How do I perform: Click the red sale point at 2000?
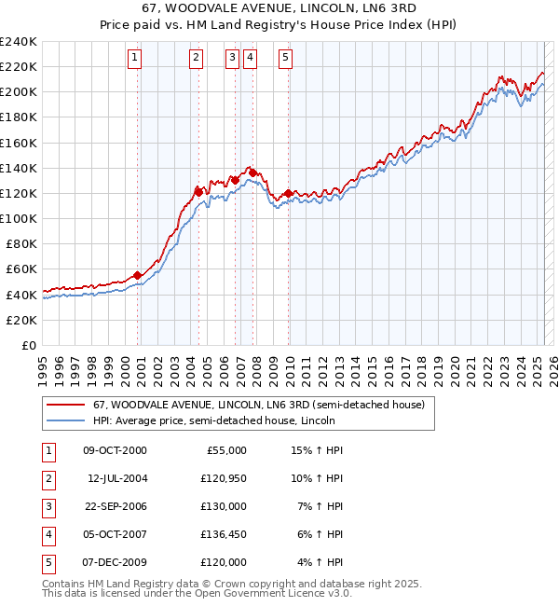coord(138,275)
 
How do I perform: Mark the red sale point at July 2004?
coord(198,191)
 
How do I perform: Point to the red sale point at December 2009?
coord(288,193)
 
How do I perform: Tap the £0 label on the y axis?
coord(29,345)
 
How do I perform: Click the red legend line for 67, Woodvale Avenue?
coord(65,405)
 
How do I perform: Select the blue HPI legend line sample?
coord(65,420)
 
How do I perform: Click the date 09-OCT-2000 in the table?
coord(115,450)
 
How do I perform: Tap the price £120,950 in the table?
coord(224,478)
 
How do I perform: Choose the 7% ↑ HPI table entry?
coord(320,506)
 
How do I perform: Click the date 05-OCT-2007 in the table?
coord(115,534)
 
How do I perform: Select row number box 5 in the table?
coord(48,562)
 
